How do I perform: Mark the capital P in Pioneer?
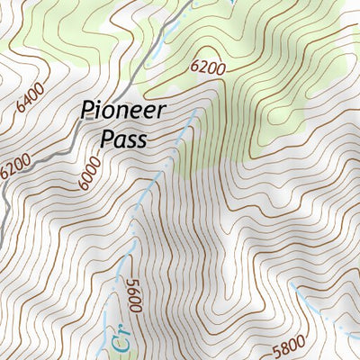click(x=88, y=112)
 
